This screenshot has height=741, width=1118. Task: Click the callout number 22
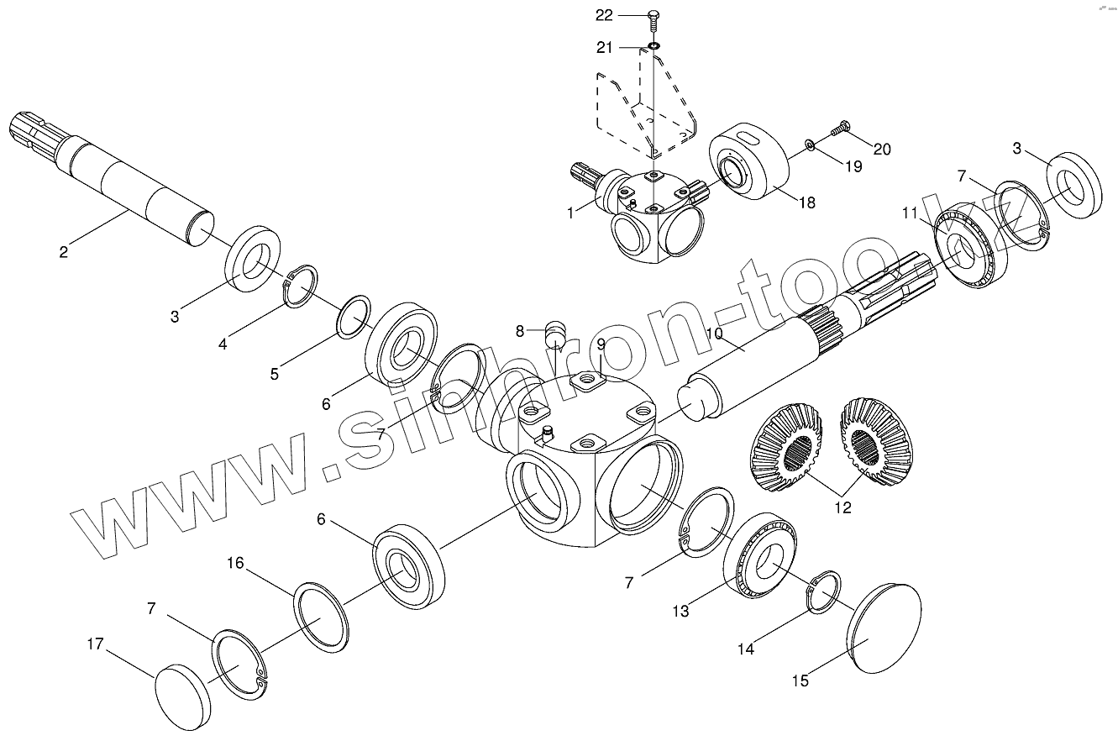click(x=628, y=15)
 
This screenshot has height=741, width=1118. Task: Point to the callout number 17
click(x=97, y=644)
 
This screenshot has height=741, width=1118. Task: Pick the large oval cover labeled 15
click(x=884, y=628)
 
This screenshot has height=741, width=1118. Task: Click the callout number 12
click(x=842, y=507)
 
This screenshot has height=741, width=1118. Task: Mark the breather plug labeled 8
click(x=554, y=332)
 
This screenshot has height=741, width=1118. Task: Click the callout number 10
click(x=714, y=334)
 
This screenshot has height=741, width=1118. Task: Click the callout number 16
click(x=235, y=563)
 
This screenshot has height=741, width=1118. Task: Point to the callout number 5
click(x=274, y=374)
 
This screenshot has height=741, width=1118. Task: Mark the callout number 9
click(x=601, y=344)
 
